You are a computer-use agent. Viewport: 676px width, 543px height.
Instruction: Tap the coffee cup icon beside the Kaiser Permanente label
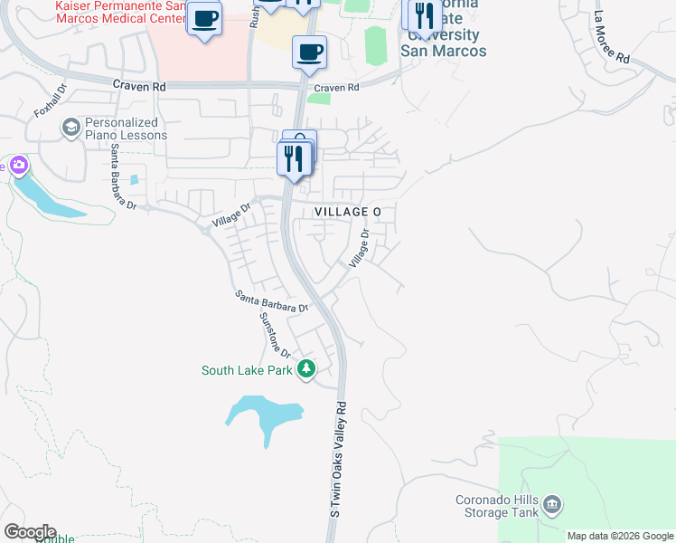(x=205, y=18)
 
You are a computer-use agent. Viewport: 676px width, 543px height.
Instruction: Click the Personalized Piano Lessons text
(x=126, y=129)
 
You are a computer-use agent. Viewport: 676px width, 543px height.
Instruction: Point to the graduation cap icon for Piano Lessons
(x=70, y=129)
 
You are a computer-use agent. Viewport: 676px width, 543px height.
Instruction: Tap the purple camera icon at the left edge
(x=18, y=166)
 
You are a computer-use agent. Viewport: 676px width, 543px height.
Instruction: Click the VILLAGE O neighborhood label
(x=348, y=211)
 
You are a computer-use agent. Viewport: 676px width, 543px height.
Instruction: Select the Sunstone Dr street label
(x=274, y=334)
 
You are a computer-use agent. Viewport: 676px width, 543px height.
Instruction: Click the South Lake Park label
(x=247, y=369)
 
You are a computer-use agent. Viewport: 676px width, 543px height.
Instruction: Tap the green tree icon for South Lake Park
(x=306, y=369)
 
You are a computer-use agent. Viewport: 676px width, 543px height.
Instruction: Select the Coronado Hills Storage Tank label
(x=496, y=507)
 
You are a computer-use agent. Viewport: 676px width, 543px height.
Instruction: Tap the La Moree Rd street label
(x=612, y=37)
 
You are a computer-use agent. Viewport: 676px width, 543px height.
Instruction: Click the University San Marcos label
(x=444, y=43)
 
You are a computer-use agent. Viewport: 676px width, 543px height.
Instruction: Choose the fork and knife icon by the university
(x=423, y=16)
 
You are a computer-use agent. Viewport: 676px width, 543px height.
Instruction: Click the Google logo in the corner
(x=29, y=532)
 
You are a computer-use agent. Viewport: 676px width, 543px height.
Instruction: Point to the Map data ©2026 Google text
(x=620, y=536)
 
